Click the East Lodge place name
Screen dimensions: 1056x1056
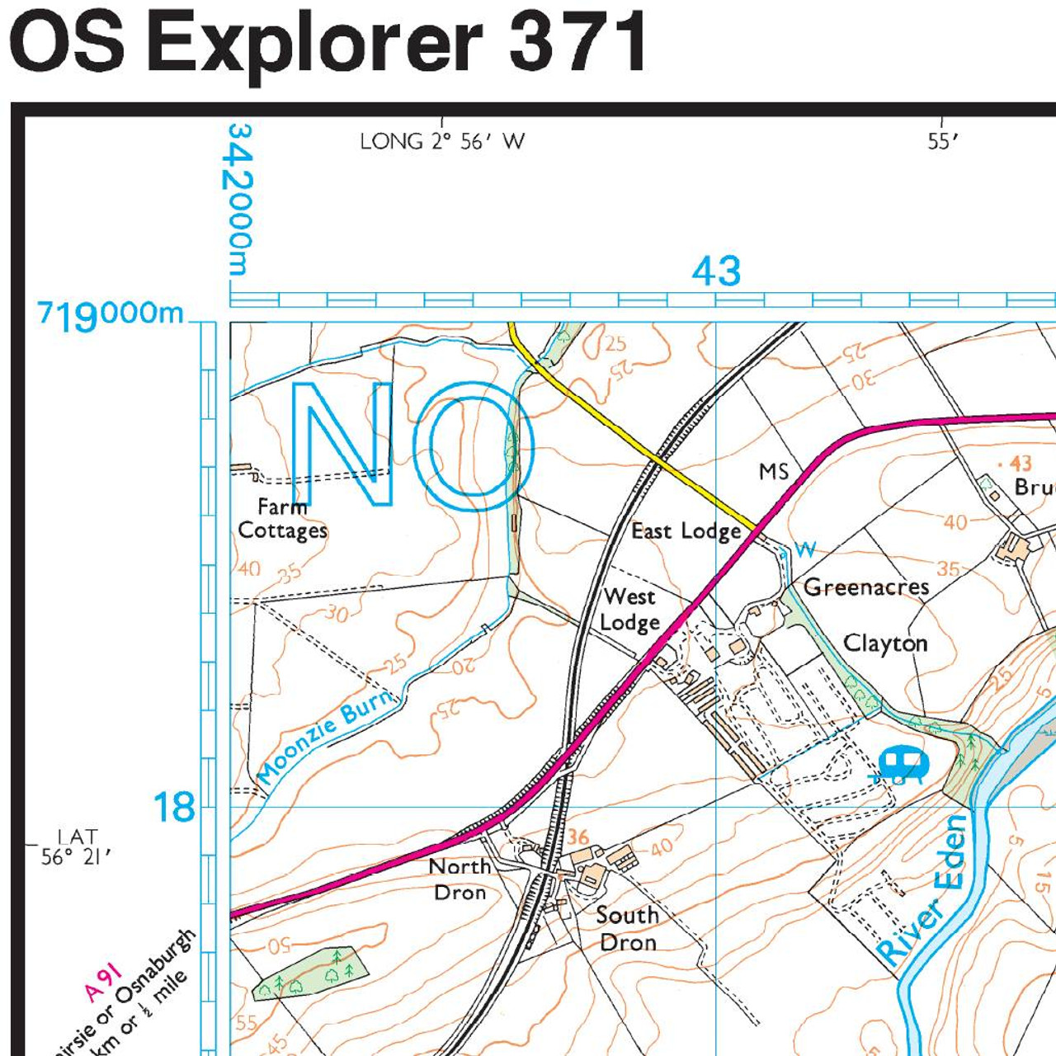point(686,532)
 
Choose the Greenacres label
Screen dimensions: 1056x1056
point(866,587)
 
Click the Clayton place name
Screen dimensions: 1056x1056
point(885,643)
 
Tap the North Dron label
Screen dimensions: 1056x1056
point(460,879)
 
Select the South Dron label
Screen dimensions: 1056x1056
point(627,928)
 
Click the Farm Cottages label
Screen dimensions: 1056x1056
point(282,519)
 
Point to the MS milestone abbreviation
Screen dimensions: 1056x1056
point(774,472)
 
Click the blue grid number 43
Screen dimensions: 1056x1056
point(716,271)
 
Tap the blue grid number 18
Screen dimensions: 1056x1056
point(174,808)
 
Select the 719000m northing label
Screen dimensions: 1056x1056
point(111,314)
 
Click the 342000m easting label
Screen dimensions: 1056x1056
point(239,199)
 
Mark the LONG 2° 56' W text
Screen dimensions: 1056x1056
point(442,142)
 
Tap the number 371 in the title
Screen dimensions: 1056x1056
point(577,43)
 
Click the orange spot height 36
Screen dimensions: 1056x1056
point(578,838)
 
